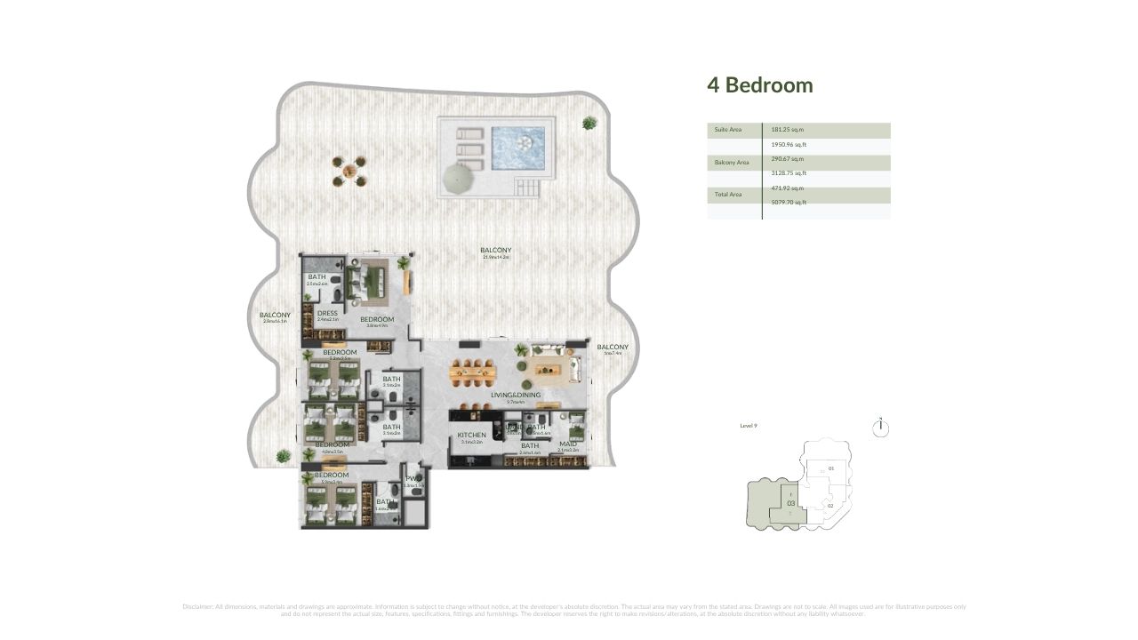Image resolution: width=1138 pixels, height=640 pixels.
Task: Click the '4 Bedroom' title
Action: pyautogui.click(x=759, y=85)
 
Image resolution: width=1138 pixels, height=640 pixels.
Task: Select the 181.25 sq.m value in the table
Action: pyautogui.click(x=787, y=130)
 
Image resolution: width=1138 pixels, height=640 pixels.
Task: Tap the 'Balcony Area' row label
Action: pyautogui.click(x=731, y=163)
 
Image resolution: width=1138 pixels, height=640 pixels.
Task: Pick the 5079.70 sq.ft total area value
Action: pyautogui.click(x=789, y=203)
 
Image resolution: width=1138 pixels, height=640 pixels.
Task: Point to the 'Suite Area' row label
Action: pyautogui.click(x=727, y=130)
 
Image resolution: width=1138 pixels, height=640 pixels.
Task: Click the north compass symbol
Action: pyautogui.click(x=880, y=428)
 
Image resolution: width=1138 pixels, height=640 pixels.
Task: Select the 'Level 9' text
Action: pyautogui.click(x=749, y=426)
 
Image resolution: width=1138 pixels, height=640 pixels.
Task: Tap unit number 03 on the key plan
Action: pyautogui.click(x=790, y=503)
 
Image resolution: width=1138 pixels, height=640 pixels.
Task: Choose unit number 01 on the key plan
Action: pyautogui.click(x=831, y=468)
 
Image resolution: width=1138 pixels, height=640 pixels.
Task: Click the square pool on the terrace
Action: pyautogui.click(x=517, y=142)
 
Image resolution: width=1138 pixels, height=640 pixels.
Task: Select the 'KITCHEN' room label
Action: pyautogui.click(x=471, y=435)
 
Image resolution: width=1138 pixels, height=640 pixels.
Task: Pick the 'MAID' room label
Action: pyautogui.click(x=568, y=444)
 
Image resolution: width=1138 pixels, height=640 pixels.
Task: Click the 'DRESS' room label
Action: pyautogui.click(x=327, y=313)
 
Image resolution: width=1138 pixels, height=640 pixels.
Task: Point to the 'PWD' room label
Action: pyautogui.click(x=413, y=480)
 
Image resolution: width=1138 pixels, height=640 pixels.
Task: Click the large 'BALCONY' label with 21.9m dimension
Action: pyautogui.click(x=495, y=251)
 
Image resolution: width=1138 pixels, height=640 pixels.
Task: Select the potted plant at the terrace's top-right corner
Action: pyautogui.click(x=589, y=123)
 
